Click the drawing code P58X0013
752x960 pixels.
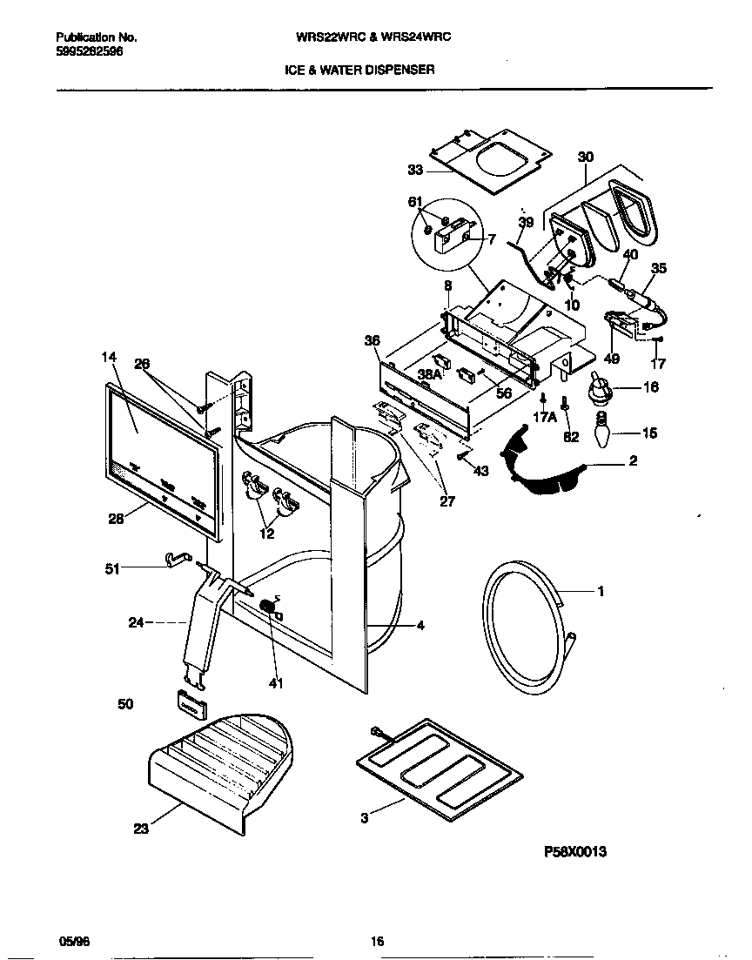tap(574, 852)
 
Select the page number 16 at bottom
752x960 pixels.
tap(377, 941)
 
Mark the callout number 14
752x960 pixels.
tap(109, 357)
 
